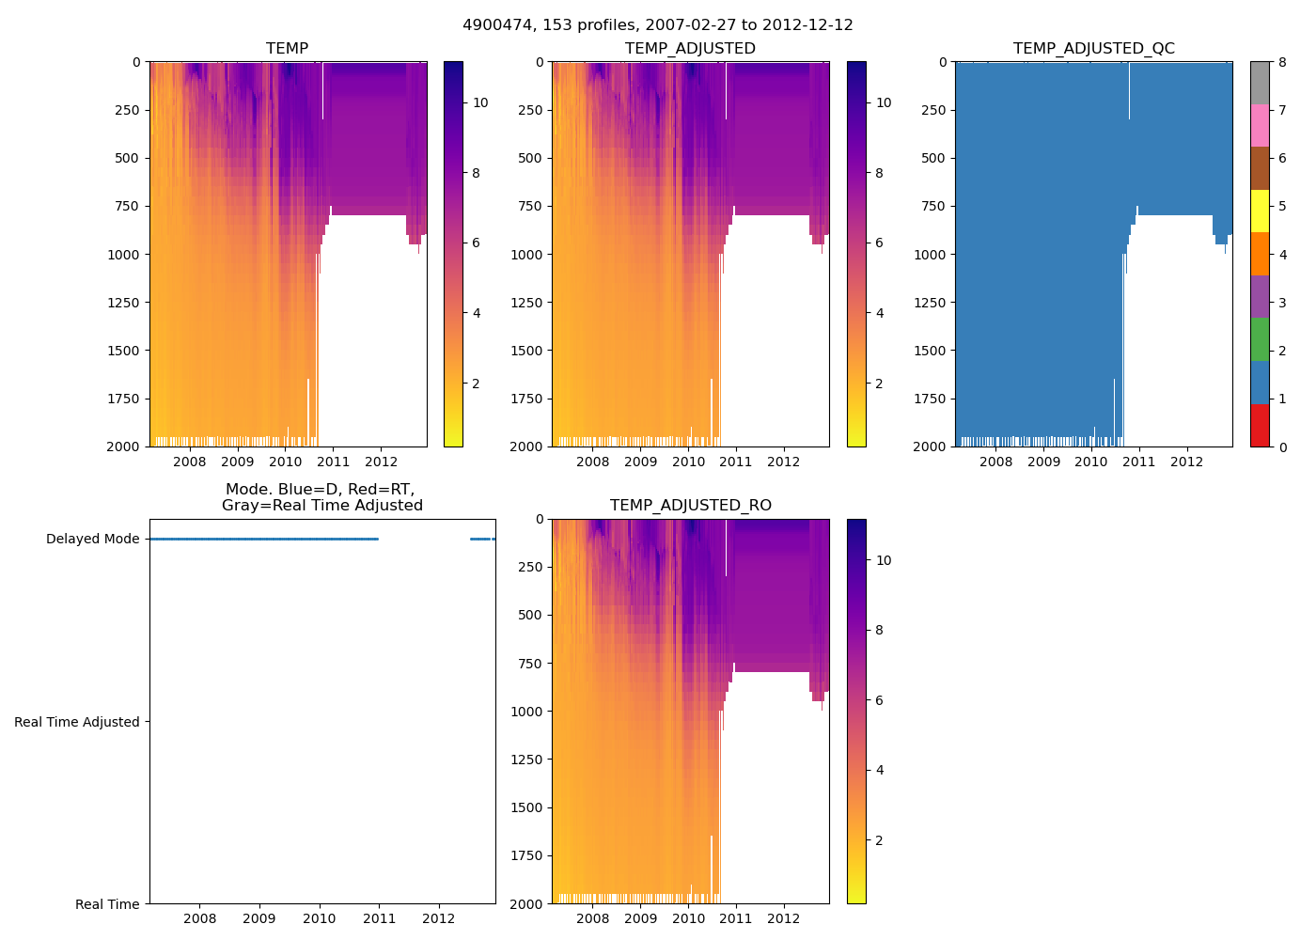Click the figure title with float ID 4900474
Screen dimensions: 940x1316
(657, 25)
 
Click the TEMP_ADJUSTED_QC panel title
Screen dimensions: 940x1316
(1093, 48)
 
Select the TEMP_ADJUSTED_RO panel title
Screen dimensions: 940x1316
(690, 506)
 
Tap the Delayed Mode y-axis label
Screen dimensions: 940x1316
(92, 539)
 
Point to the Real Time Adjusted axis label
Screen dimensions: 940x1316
(77, 722)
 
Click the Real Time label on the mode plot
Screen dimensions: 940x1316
(107, 904)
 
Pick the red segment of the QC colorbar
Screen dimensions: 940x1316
(1260, 425)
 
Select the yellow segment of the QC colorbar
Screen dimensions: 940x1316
(1260, 211)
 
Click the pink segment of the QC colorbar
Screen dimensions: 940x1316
(1260, 125)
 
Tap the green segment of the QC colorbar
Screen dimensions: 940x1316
(1260, 339)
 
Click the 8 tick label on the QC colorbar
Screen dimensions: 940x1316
(1281, 62)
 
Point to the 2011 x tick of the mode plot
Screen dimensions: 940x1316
(379, 918)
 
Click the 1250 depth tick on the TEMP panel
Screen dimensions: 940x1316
(124, 303)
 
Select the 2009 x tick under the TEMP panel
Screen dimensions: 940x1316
(237, 462)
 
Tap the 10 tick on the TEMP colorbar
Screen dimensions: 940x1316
(480, 102)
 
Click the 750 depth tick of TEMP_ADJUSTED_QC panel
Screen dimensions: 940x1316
(935, 206)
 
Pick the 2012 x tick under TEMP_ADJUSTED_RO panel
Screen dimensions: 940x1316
(783, 918)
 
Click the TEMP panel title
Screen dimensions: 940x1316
(287, 48)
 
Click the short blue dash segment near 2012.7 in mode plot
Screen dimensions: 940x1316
(480, 539)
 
